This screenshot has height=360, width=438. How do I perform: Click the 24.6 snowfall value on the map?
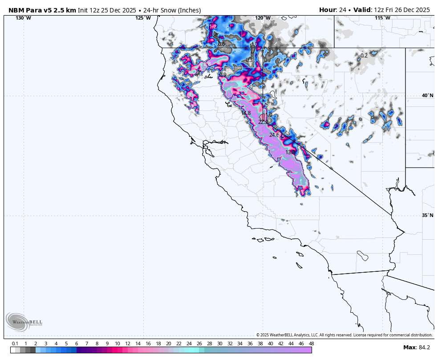point(274,135)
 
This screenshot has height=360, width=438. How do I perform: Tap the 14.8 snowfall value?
point(246,113)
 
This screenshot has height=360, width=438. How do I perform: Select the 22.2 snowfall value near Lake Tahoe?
point(263,122)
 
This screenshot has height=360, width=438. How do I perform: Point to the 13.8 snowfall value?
point(290,152)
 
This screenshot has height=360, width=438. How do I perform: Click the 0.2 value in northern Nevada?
point(364,56)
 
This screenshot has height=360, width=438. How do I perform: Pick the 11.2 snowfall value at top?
point(212,27)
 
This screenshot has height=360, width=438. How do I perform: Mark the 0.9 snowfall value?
point(223,75)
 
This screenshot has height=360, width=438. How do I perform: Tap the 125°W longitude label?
point(143,18)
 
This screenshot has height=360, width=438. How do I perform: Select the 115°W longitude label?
point(382,18)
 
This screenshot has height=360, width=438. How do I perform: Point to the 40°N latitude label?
point(427,95)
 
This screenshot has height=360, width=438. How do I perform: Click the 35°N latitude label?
point(427,215)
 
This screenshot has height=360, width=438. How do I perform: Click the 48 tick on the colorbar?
point(311,344)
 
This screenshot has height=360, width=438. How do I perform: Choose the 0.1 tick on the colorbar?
point(15,344)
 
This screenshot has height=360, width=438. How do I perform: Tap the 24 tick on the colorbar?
point(189,344)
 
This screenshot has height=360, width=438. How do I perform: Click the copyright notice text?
point(344,335)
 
